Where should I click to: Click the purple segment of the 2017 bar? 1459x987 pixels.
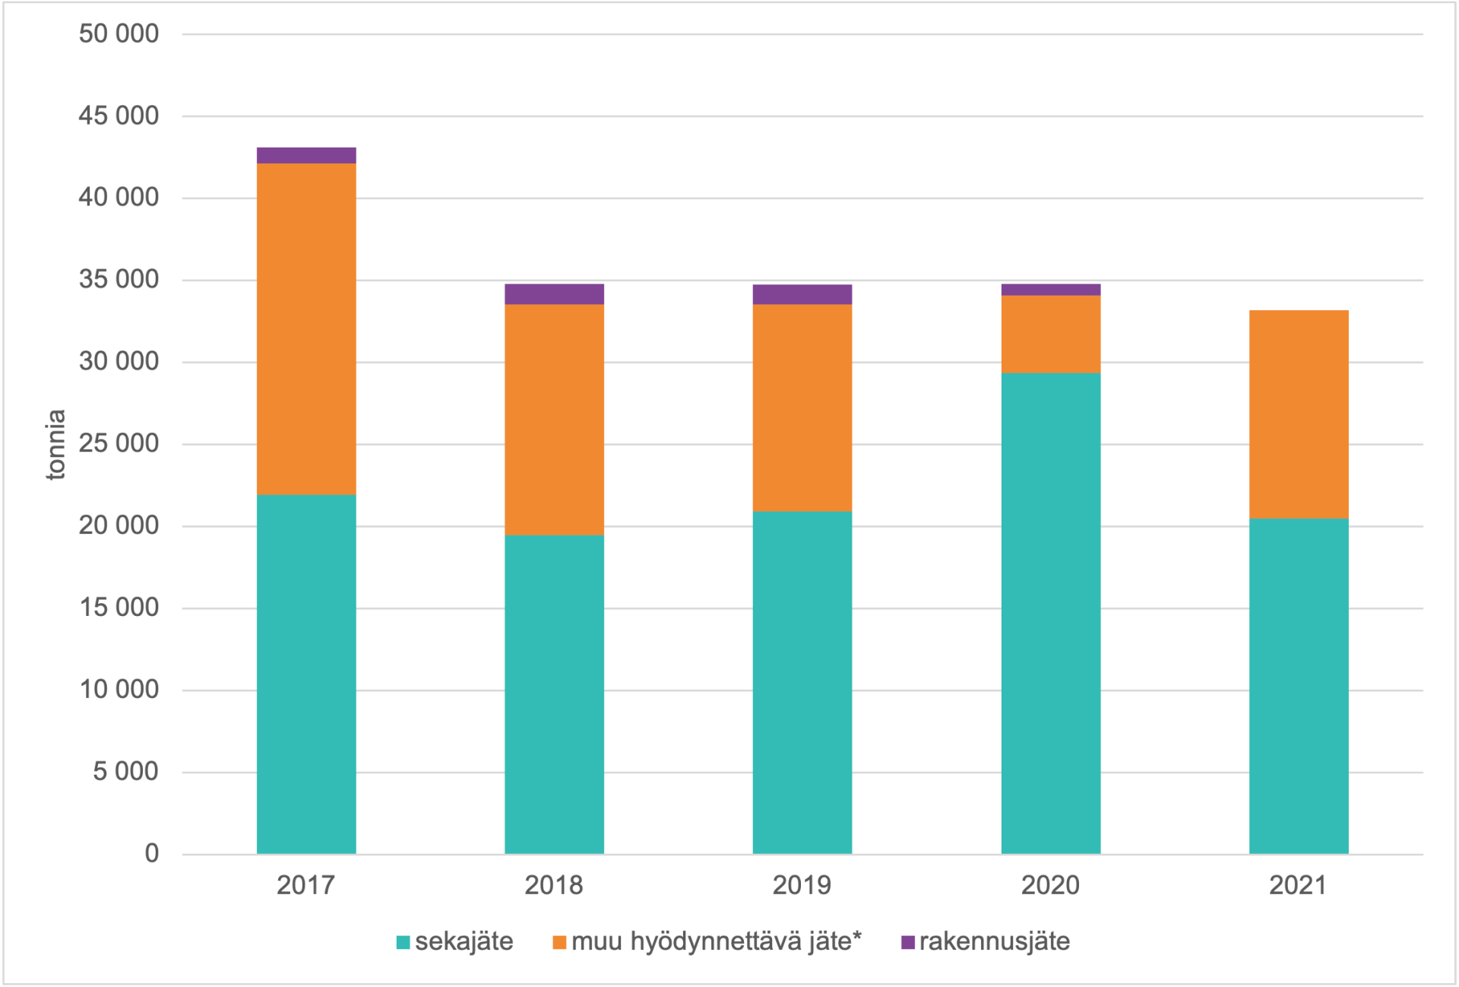click(x=306, y=155)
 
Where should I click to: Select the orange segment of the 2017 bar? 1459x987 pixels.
click(x=306, y=329)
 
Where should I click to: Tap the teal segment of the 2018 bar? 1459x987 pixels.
click(x=554, y=693)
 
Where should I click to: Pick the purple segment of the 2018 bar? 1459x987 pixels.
click(x=554, y=294)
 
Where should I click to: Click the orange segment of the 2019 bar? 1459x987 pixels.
click(x=802, y=408)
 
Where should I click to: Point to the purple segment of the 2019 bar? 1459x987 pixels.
click(x=802, y=294)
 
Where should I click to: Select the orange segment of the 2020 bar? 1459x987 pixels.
click(x=1050, y=334)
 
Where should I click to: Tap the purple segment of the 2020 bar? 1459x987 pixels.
click(x=1050, y=290)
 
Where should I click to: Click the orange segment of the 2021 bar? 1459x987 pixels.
click(x=1299, y=414)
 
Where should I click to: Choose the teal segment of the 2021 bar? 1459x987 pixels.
click(x=1299, y=685)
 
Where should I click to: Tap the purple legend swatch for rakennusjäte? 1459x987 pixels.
click(x=907, y=942)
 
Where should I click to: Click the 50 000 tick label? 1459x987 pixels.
click(x=119, y=33)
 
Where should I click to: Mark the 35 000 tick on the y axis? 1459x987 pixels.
click(x=119, y=279)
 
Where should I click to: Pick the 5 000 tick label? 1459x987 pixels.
click(x=125, y=771)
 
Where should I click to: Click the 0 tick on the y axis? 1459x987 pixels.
click(x=152, y=853)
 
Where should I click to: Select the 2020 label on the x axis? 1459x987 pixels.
click(x=1050, y=885)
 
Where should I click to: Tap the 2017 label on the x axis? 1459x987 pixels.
click(x=305, y=885)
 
